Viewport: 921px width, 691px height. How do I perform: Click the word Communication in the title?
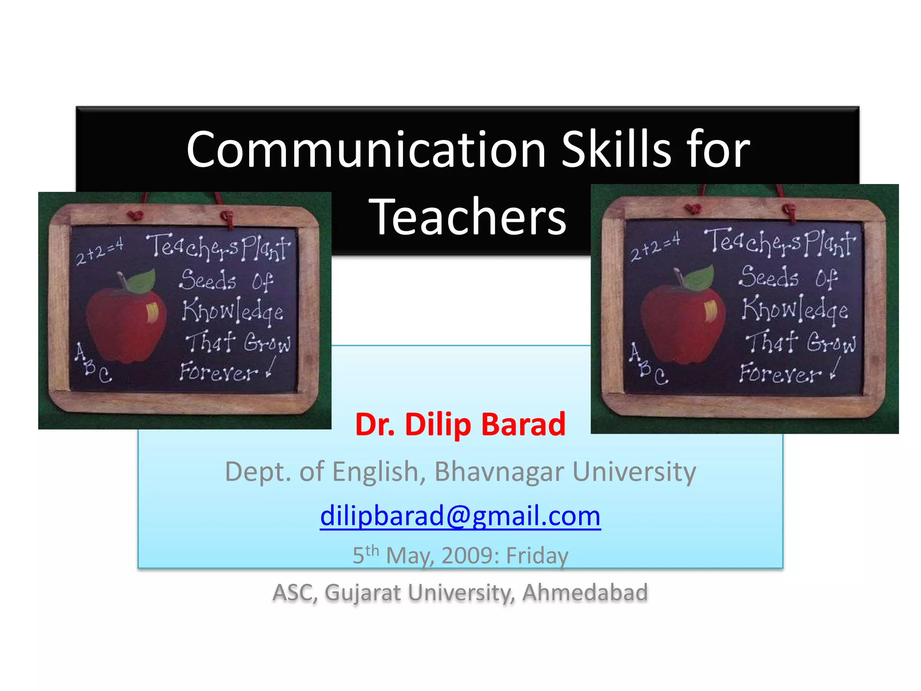[366, 150]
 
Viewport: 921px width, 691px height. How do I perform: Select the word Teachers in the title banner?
[468, 217]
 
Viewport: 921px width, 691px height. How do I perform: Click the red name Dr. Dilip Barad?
[460, 424]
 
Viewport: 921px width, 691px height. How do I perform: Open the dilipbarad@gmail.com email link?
[460, 516]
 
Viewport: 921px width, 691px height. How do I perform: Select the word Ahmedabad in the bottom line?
[585, 592]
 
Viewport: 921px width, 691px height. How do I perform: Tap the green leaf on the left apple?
[142, 281]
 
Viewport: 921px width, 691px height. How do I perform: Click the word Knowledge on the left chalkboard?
[232, 311]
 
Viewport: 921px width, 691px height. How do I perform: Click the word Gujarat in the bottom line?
[362, 592]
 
